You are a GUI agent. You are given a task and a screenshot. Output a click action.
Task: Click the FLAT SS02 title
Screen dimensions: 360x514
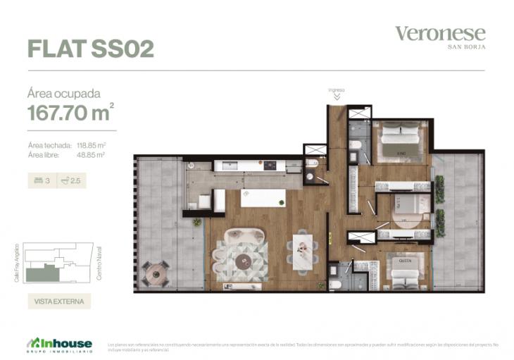[90, 48]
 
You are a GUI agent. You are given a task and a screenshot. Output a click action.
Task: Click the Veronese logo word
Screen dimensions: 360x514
[440, 33]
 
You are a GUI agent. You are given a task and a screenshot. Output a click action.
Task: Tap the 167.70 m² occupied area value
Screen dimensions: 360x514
[70, 113]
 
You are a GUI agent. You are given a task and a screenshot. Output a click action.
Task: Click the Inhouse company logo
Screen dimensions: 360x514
[60, 343]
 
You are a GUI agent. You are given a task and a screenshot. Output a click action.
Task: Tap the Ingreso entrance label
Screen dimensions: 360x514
[337, 90]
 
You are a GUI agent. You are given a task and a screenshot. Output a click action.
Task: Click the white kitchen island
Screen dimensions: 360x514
[263, 198]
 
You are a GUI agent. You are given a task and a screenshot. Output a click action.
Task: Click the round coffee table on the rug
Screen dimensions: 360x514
[244, 261]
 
